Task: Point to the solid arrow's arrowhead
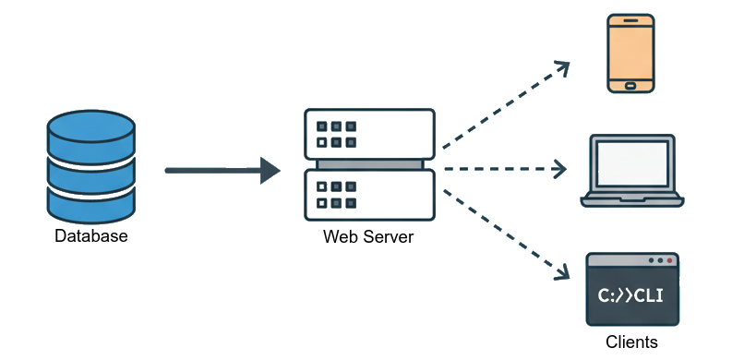[x=270, y=170]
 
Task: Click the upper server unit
[x=369, y=133]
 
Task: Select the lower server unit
[x=369, y=195]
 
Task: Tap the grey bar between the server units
[x=369, y=164]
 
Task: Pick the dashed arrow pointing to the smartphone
[x=503, y=106]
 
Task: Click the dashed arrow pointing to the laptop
[x=503, y=169]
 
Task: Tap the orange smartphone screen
[x=630, y=51]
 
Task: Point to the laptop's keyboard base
[x=632, y=198]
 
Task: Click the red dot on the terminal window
[x=668, y=261]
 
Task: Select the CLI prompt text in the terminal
[x=631, y=295]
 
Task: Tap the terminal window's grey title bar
[x=618, y=261]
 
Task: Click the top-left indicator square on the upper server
[x=321, y=126]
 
